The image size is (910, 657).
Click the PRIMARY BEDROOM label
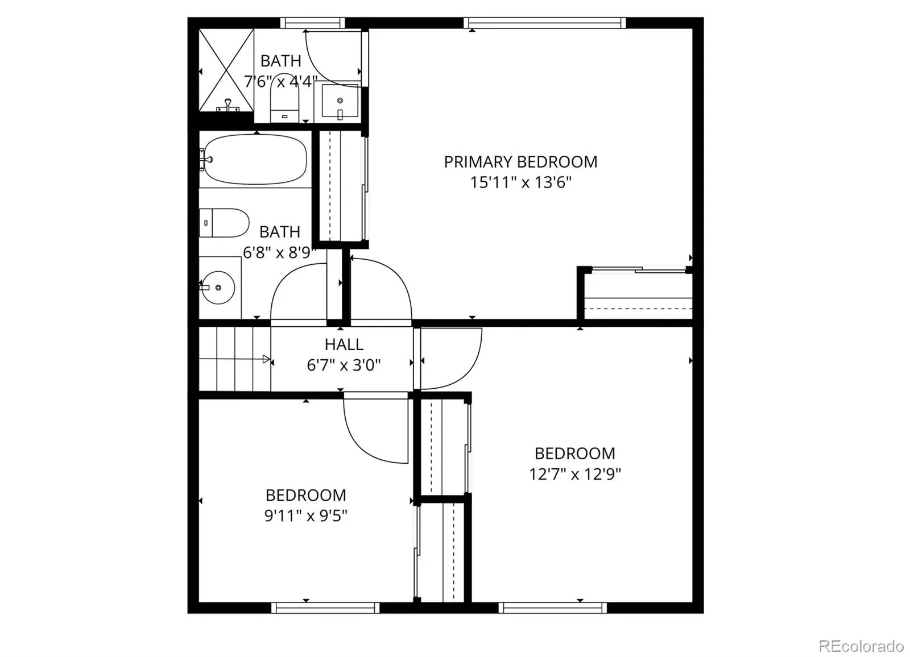pyautogui.click(x=520, y=162)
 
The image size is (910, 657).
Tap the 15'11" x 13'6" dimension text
pyautogui.click(x=520, y=183)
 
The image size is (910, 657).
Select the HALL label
pyautogui.click(x=344, y=345)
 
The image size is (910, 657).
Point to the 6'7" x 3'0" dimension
pyautogui.click(x=344, y=365)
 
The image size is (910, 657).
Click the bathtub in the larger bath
pyautogui.click(x=255, y=160)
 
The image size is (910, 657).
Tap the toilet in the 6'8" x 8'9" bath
pyautogui.click(x=224, y=223)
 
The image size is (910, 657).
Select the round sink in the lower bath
pyautogui.click(x=218, y=288)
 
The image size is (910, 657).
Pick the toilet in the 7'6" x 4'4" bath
pyautogui.click(x=284, y=98)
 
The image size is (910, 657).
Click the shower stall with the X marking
pyautogui.click(x=226, y=70)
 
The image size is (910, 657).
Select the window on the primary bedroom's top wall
pyautogui.click(x=544, y=23)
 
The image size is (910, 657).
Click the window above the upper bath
pyautogui.click(x=312, y=23)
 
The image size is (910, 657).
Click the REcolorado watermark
pyautogui.click(x=861, y=645)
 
